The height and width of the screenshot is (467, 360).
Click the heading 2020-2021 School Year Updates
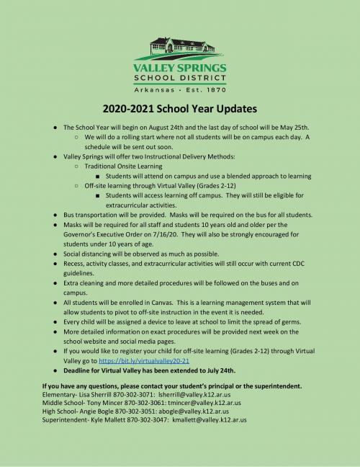(x=180, y=110)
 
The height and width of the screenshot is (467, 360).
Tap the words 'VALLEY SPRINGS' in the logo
(x=180, y=69)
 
